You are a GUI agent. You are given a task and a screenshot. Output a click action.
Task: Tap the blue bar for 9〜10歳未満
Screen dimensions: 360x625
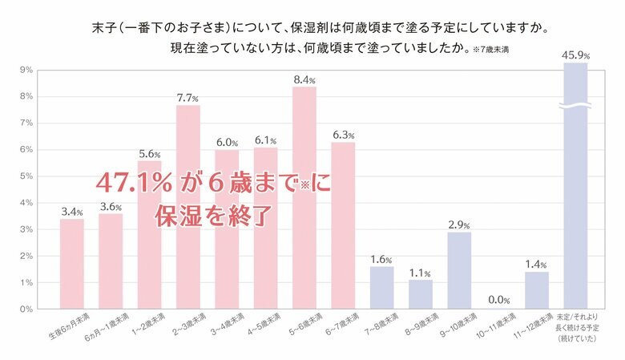(459, 270)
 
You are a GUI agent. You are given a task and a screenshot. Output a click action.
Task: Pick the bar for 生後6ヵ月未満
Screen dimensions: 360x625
(71, 264)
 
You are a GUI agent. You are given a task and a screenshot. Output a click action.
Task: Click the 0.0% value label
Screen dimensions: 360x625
(498, 300)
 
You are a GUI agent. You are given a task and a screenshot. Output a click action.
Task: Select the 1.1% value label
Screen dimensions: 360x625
(421, 271)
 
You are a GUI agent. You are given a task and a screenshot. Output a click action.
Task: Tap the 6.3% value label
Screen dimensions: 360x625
(344, 134)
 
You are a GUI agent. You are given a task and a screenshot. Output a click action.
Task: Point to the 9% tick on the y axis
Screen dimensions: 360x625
(26, 71)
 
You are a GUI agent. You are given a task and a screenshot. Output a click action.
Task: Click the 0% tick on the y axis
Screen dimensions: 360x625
(26, 309)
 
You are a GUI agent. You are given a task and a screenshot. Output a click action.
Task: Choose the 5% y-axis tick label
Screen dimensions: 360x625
(26, 176)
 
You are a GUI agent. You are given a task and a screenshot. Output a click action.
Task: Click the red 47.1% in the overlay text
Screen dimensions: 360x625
(135, 183)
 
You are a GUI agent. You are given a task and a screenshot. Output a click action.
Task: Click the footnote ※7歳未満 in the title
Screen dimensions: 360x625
(490, 50)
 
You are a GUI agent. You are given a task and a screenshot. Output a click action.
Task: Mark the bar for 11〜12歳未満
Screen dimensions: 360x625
(537, 290)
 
